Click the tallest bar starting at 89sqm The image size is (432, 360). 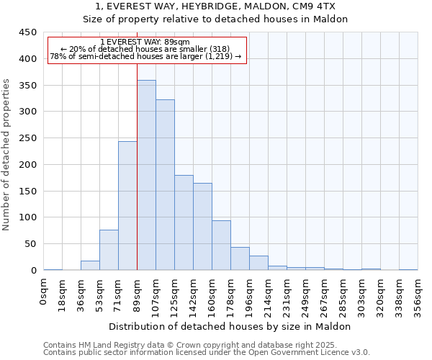click(x=146, y=175)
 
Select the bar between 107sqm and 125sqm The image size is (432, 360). click(x=165, y=185)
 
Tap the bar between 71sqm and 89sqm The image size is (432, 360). click(x=127, y=206)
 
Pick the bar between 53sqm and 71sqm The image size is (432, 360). click(x=109, y=250)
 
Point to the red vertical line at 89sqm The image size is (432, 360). click(x=137, y=166)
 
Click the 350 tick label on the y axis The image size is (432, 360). click(x=28, y=85)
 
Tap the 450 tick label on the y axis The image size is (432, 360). click(x=28, y=32)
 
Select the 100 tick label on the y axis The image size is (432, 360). click(x=28, y=217)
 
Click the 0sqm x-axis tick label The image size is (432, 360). click(x=44, y=292)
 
